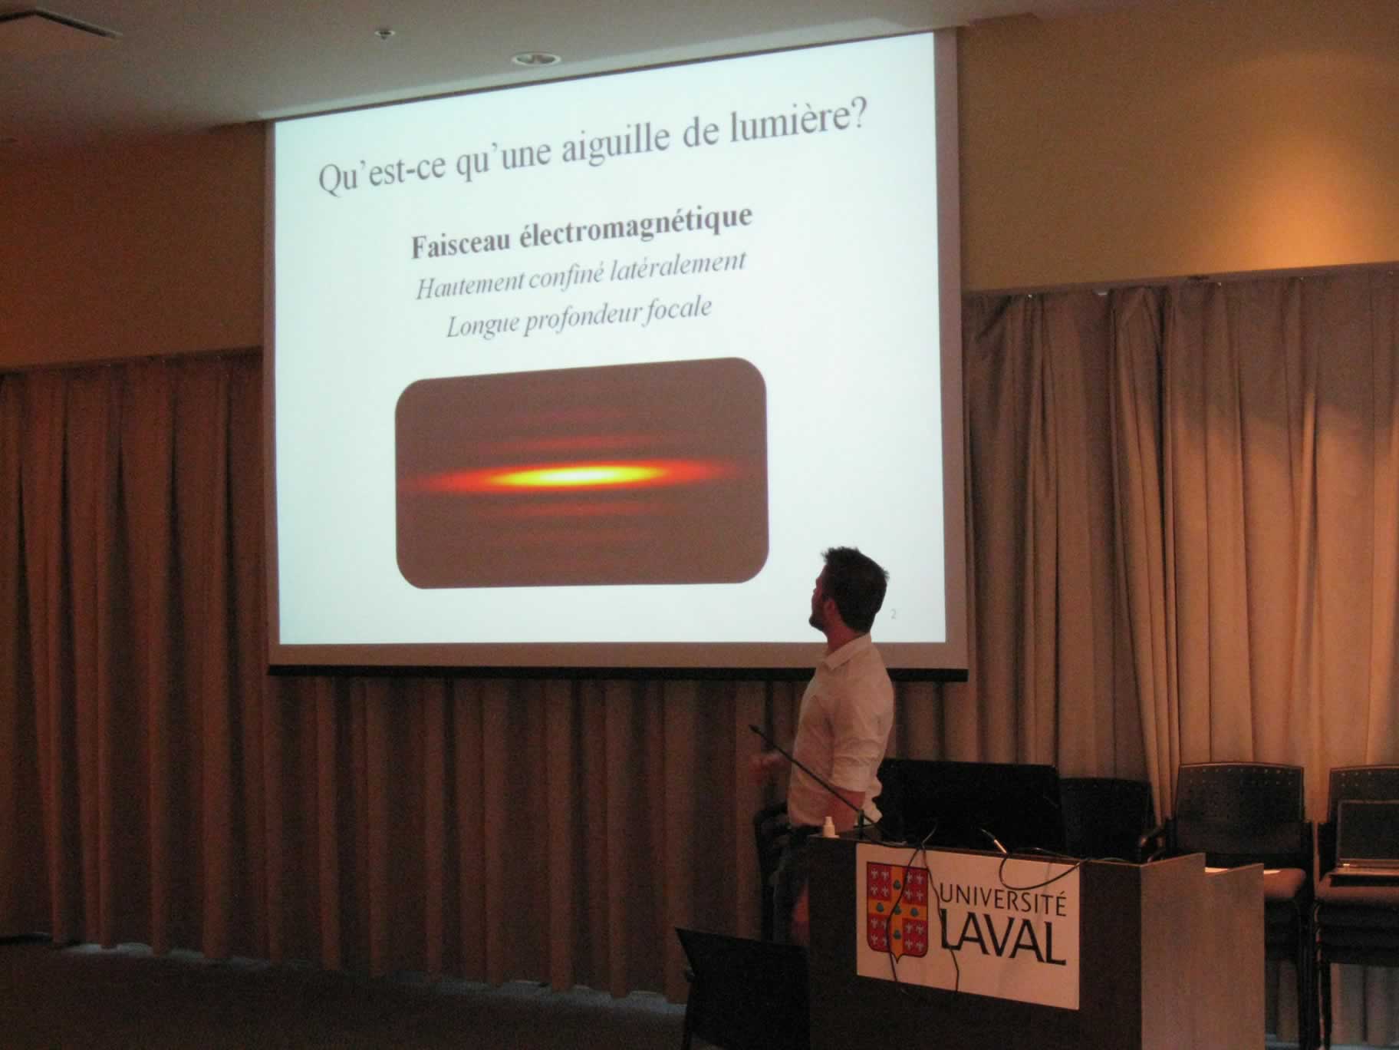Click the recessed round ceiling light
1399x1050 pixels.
525,58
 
